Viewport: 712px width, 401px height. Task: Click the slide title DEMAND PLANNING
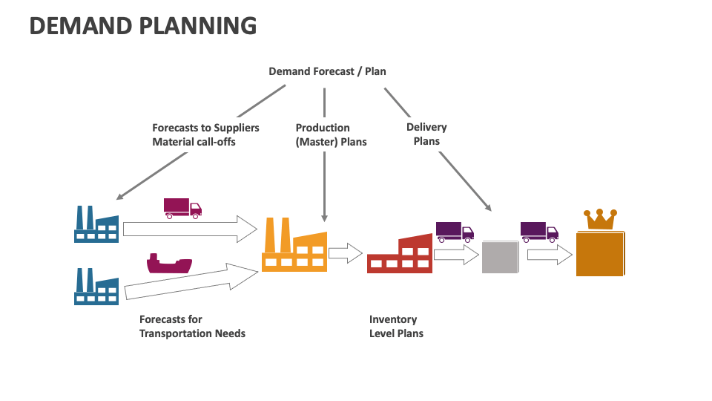click(x=143, y=26)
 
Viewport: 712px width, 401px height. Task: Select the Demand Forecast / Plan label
click(x=327, y=71)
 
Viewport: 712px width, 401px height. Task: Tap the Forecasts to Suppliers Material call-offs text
click(x=205, y=134)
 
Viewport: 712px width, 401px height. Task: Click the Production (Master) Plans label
click(x=331, y=134)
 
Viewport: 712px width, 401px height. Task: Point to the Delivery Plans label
click(x=426, y=134)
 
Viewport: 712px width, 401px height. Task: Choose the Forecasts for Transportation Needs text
click(x=192, y=326)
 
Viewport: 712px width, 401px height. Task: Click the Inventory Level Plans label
click(x=396, y=326)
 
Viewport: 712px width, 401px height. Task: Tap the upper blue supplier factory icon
click(x=96, y=224)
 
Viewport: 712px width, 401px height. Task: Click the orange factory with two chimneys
click(x=294, y=246)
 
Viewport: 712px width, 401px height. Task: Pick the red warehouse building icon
click(x=400, y=254)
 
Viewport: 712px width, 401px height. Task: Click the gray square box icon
click(x=500, y=256)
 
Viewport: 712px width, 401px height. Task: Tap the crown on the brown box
click(x=601, y=219)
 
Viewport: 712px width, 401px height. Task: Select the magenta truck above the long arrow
click(x=182, y=208)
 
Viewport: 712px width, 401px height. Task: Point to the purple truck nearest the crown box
click(x=539, y=232)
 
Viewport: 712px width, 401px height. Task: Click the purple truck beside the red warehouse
click(x=455, y=232)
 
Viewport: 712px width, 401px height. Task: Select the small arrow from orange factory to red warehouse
click(x=345, y=253)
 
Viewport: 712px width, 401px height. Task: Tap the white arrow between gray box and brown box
click(x=550, y=255)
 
